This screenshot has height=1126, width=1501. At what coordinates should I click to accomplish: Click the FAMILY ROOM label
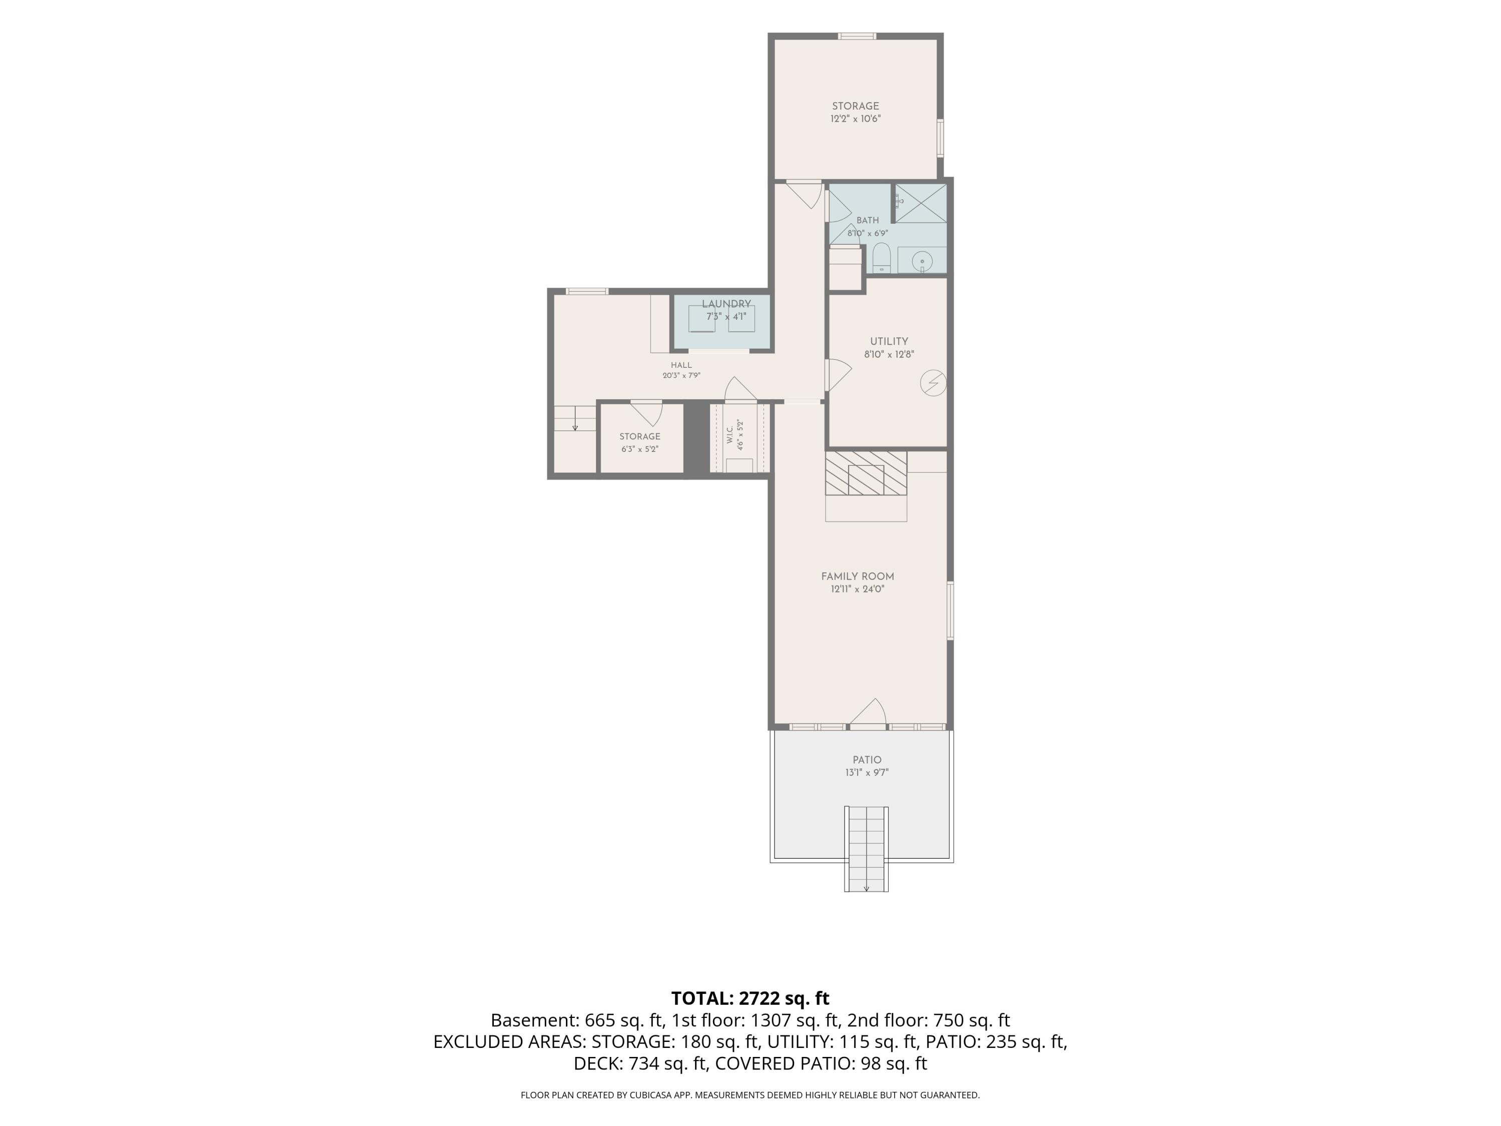click(x=858, y=576)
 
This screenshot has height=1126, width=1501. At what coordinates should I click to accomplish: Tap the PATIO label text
click(x=867, y=760)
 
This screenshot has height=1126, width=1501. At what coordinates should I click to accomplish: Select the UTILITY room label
click(x=889, y=341)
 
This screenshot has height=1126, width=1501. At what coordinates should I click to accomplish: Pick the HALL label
click(x=681, y=365)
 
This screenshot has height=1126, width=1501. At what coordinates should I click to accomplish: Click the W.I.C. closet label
click(x=730, y=435)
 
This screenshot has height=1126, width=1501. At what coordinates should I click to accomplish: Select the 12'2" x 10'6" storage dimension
click(x=856, y=119)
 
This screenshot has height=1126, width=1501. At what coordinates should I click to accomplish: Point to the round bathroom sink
click(x=922, y=261)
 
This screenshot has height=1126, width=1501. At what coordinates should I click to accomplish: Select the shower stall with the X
click(x=921, y=203)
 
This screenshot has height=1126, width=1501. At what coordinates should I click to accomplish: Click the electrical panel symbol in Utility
click(x=933, y=383)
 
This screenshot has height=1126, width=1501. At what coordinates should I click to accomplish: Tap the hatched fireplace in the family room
click(x=866, y=473)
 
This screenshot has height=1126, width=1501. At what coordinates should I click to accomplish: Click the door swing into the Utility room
click(x=839, y=375)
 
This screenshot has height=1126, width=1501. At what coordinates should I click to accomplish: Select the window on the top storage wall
click(x=857, y=37)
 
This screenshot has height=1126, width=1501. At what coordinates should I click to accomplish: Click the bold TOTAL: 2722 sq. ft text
click(x=750, y=998)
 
